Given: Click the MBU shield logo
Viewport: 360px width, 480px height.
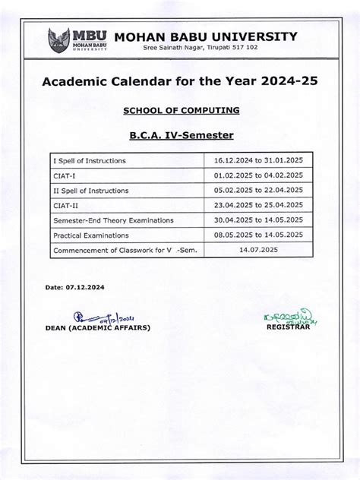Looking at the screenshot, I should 58,40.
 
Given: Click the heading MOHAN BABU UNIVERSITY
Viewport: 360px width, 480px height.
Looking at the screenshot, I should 205,36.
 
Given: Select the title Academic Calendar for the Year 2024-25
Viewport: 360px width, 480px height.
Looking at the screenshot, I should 179,81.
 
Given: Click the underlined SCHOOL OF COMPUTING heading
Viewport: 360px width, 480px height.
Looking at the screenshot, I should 182,110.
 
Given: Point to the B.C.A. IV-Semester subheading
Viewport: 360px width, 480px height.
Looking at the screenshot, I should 180,135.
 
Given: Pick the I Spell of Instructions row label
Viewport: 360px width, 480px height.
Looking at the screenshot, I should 89,161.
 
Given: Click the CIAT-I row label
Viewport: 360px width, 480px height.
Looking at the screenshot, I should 65,176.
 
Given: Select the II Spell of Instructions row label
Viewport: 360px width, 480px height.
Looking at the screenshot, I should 90,191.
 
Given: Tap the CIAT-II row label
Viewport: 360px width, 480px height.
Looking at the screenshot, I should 66,205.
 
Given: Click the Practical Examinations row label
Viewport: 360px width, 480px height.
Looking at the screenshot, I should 94,235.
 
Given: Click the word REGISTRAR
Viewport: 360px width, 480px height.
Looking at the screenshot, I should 288,327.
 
